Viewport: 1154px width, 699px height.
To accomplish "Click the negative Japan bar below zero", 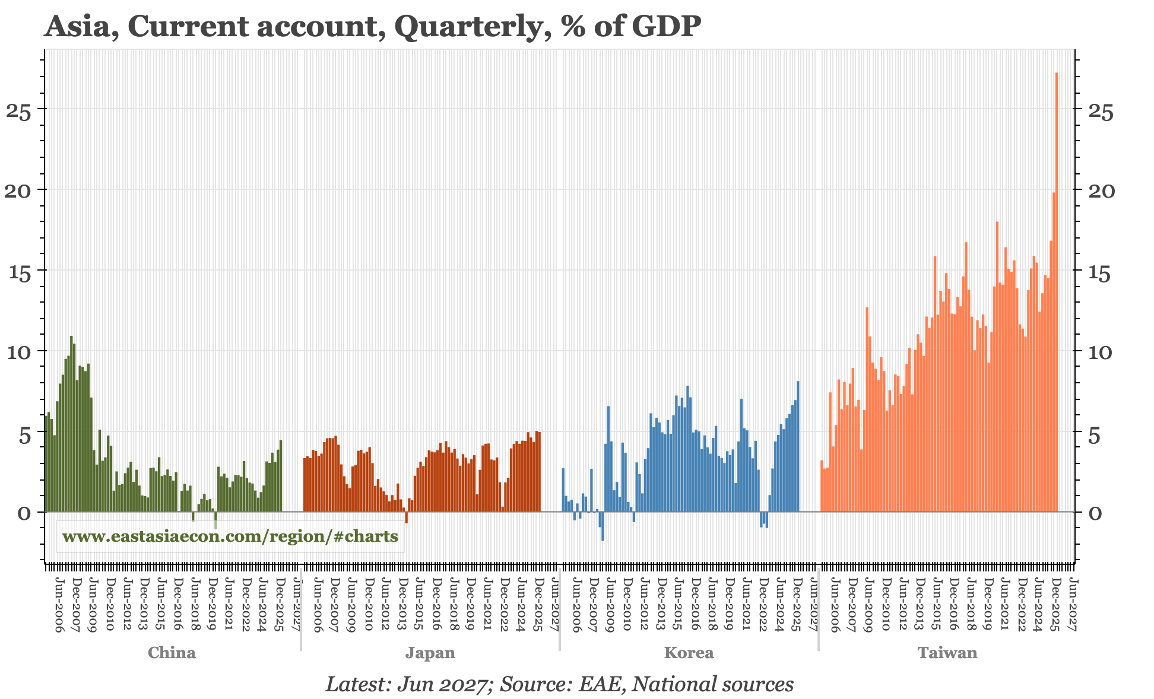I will [406, 517].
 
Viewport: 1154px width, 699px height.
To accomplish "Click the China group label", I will [172, 653].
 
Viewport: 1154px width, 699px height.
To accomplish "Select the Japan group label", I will [430, 653].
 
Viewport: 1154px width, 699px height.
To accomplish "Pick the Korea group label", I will [689, 653].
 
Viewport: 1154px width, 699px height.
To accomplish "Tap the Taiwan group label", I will [947, 653].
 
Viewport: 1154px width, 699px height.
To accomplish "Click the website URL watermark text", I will [230, 536].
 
